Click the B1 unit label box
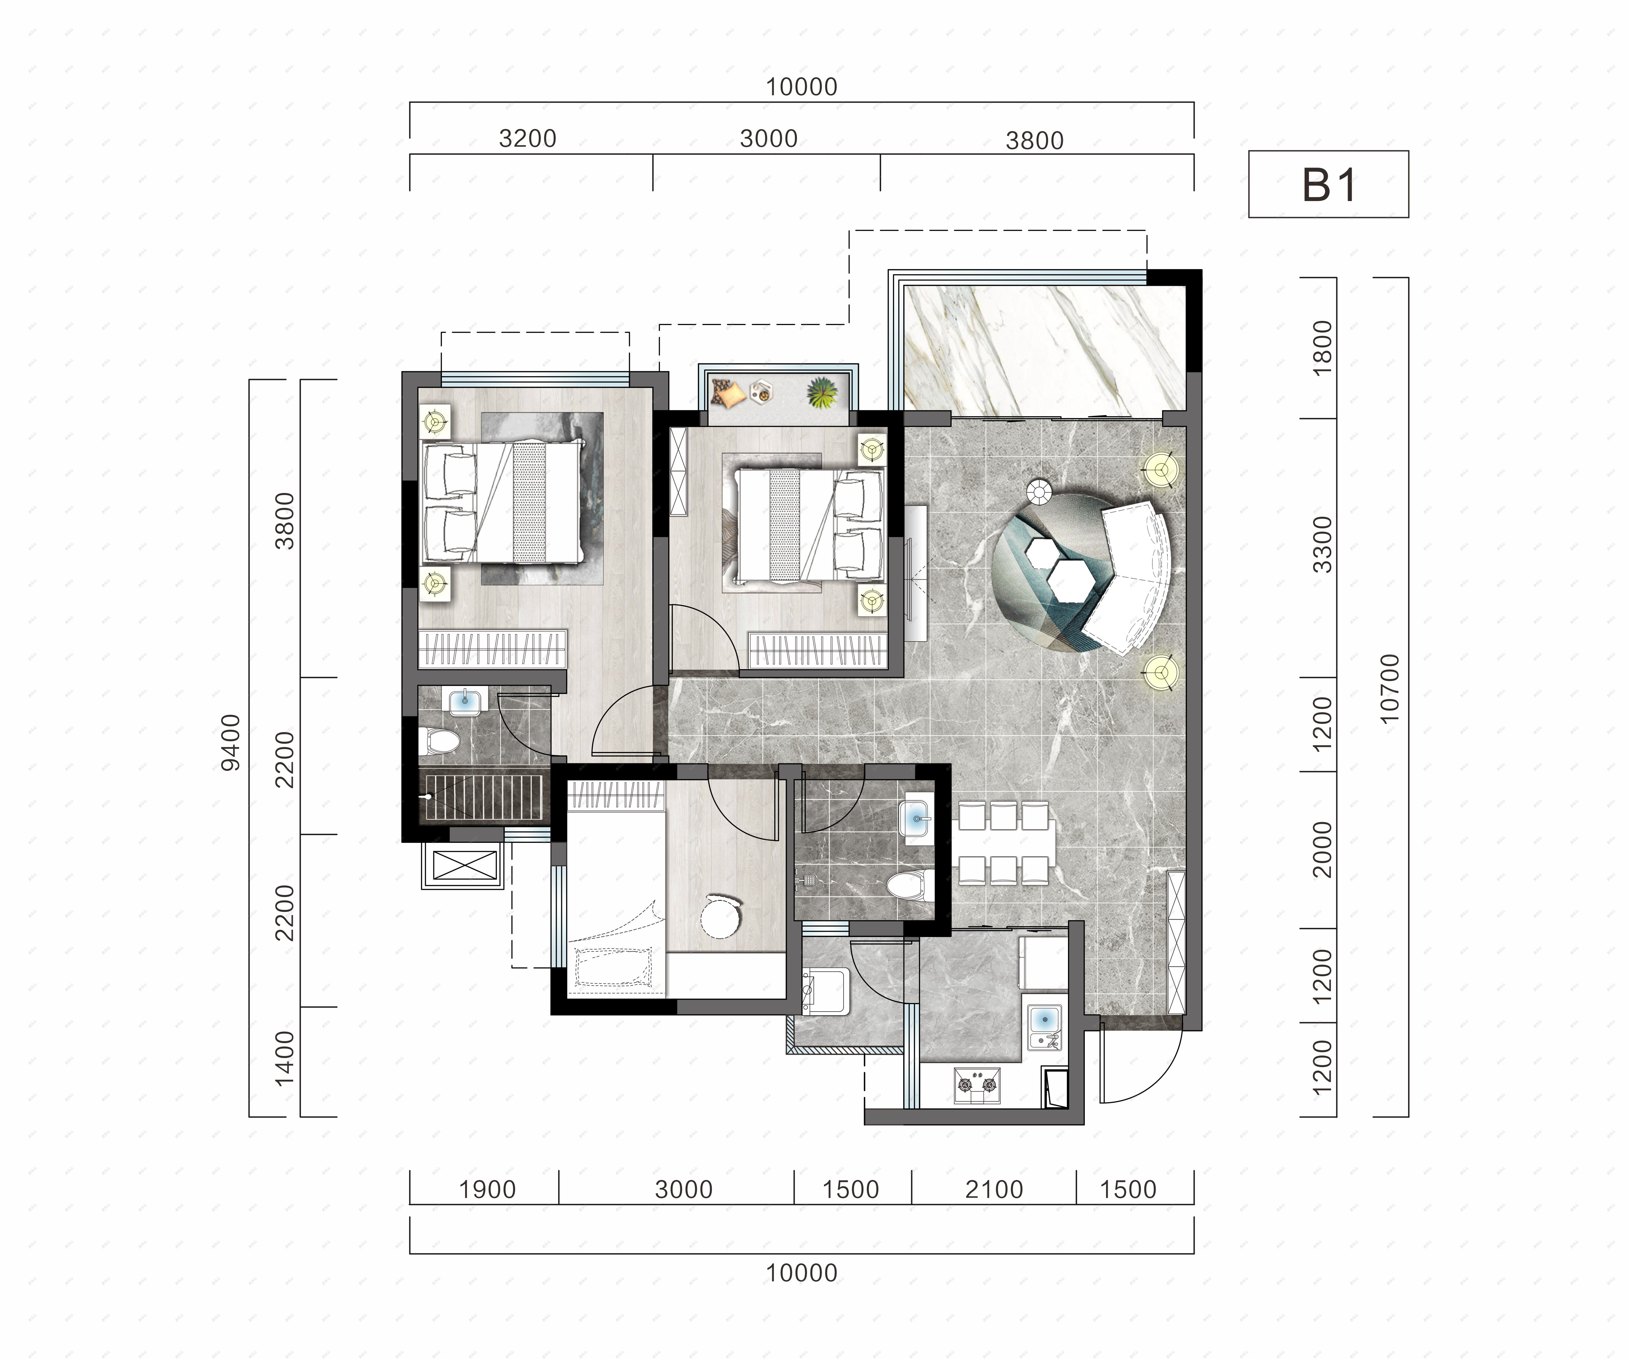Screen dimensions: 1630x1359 (1328, 184)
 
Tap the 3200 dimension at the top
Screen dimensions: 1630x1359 (528, 139)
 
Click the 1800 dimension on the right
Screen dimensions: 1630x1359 (1322, 348)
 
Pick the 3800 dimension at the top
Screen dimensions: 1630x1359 (1035, 141)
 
